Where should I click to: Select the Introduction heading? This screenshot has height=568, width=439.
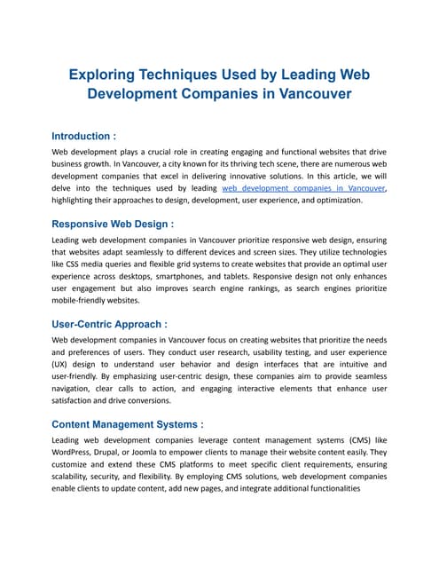[84, 137]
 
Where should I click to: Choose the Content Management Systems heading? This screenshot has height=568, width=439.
[128, 423]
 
